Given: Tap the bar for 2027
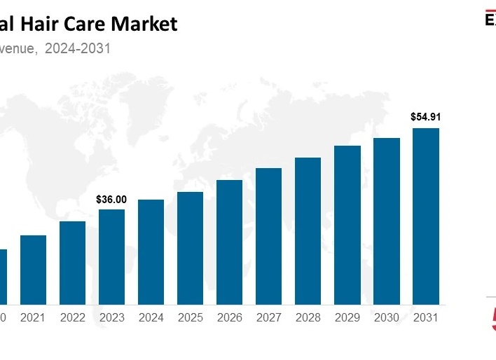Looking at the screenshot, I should click(268, 236).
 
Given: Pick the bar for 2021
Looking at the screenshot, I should click(33, 270).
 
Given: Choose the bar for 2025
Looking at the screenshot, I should click(190, 248).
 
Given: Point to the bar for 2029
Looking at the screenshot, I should click(347, 225).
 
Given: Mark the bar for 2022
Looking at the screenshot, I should click(72, 263).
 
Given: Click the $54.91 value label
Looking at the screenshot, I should click(425, 117).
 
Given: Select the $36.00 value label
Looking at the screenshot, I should click(111, 200).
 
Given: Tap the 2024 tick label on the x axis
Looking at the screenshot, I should click(151, 318).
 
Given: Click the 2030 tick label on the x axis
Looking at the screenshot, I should click(386, 318).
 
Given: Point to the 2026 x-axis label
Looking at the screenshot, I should click(229, 318).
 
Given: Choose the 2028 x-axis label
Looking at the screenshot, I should click(308, 318).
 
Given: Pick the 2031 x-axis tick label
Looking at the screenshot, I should click(425, 318).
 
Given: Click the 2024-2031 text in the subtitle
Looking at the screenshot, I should click(78, 48).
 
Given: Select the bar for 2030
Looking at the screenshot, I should click(386, 221).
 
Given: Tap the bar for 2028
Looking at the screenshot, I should click(308, 230).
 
